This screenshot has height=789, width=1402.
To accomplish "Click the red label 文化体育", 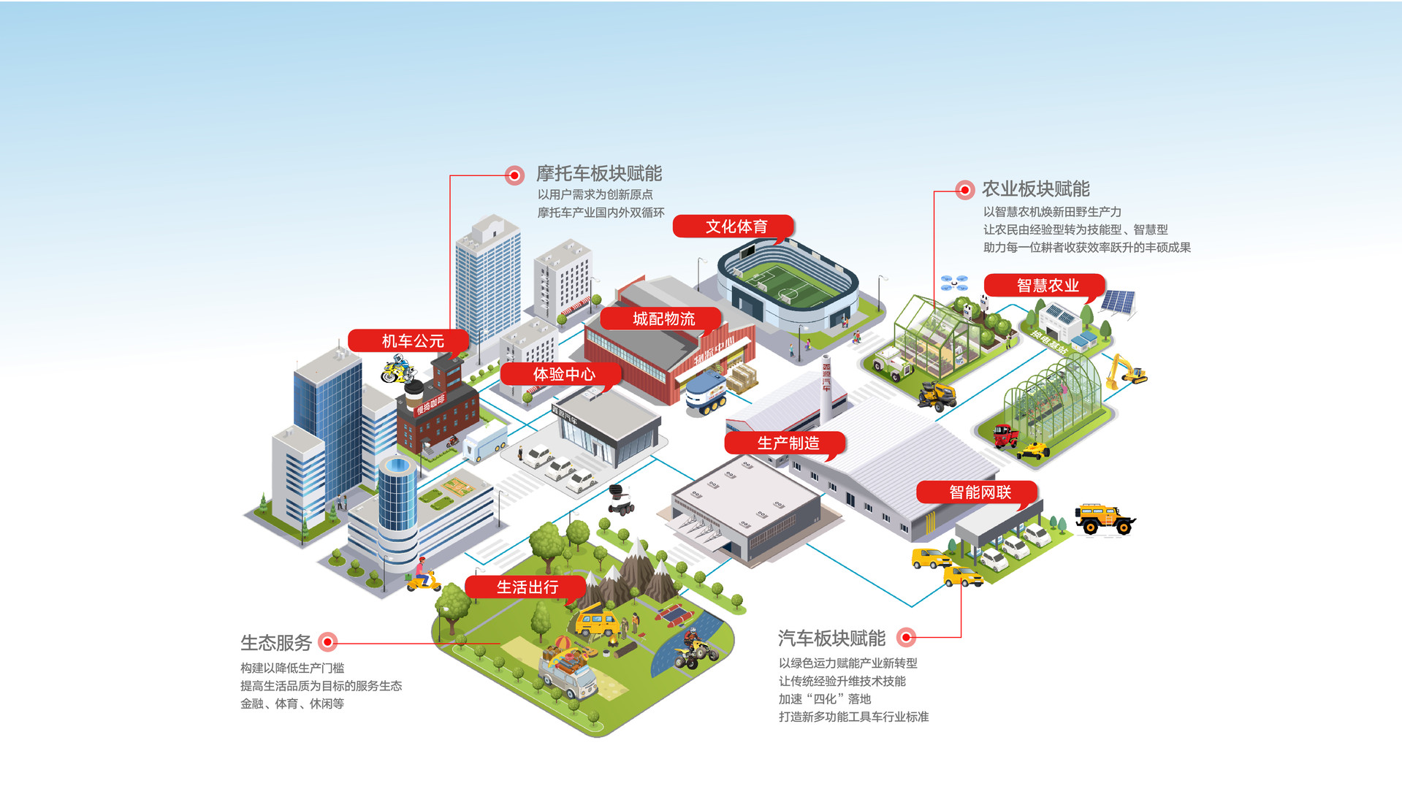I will pyautogui.click(x=735, y=226).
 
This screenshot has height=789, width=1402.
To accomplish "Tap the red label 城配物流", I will pyautogui.click(x=663, y=319).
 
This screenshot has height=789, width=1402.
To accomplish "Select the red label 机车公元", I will pyautogui.click(x=412, y=340).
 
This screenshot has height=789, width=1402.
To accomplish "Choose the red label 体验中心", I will pyautogui.click(x=563, y=374).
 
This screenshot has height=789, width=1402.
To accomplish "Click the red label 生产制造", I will pyautogui.click(x=788, y=443).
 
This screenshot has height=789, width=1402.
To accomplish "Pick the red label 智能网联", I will pyautogui.click(x=979, y=492).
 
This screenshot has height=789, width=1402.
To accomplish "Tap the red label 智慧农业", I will pyautogui.click(x=1047, y=286).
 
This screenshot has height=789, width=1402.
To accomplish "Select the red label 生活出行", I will pyautogui.click(x=527, y=587).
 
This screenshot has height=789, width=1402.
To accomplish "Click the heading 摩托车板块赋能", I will pyautogui.click(x=599, y=173).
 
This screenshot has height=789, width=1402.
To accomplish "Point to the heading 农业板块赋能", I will pyautogui.click(x=1035, y=189).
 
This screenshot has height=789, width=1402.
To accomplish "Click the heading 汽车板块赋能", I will pyautogui.click(x=831, y=639).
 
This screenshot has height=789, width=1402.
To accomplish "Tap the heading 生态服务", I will pyautogui.click(x=276, y=643).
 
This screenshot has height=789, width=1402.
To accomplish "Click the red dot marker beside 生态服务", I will pyautogui.click(x=328, y=642).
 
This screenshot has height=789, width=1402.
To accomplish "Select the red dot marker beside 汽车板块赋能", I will pyautogui.click(x=907, y=638).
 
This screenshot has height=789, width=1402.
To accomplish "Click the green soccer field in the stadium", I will pyautogui.click(x=787, y=284).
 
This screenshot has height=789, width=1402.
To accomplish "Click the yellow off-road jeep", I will pyautogui.click(x=1103, y=518).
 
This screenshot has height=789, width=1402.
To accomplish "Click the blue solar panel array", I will pyautogui.click(x=1119, y=301).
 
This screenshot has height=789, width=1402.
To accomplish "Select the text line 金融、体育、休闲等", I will pyautogui.click(x=292, y=704).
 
